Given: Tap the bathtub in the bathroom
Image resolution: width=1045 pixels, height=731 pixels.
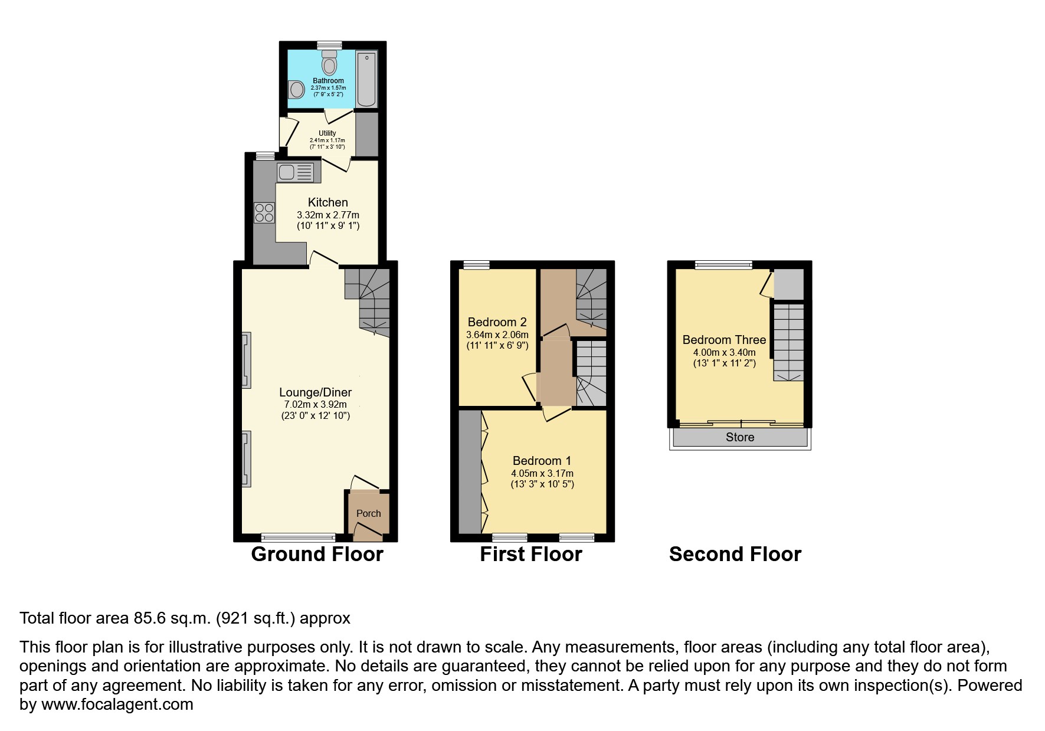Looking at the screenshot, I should click(366, 80).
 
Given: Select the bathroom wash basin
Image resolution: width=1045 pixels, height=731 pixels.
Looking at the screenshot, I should click(296, 90).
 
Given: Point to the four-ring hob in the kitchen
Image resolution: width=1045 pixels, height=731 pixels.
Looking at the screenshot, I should click(264, 212).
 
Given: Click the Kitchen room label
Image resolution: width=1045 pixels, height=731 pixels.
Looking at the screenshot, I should click(327, 202).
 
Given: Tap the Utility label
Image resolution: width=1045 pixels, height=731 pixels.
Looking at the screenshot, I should click(327, 133).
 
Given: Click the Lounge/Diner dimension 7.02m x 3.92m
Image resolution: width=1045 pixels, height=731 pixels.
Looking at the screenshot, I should click(315, 405).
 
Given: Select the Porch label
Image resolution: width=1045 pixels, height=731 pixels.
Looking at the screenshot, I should click(368, 513).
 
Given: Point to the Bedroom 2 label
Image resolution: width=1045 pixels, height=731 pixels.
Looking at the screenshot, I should click(497, 322).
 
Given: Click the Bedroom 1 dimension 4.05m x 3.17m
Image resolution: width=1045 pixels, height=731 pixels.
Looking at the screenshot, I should click(542, 473).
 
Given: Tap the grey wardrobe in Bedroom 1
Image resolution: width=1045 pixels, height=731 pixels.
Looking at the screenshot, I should click(470, 472).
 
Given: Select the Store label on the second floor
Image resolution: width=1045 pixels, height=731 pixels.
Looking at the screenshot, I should click(740, 437).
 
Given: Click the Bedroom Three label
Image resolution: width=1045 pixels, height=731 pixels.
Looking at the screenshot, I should click(724, 340).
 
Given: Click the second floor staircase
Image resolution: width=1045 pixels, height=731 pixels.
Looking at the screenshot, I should click(788, 342).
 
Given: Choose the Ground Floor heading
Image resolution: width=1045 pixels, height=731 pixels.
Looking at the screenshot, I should click(317, 554).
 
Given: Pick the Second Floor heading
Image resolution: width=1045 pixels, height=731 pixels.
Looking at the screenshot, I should click(735, 554).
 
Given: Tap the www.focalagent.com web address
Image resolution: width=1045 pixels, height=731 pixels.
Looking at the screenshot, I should click(117, 704).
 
